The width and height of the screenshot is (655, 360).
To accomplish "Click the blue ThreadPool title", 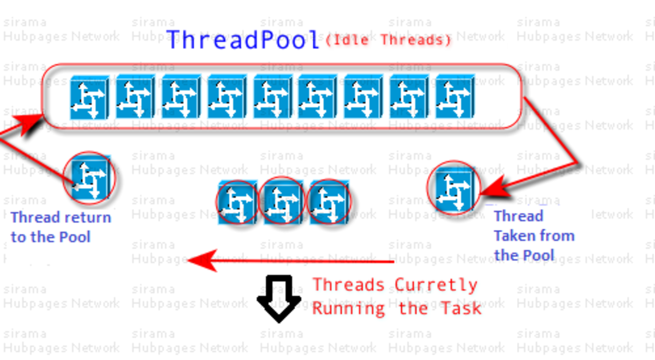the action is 243,39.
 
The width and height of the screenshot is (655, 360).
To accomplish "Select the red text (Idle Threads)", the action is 388,40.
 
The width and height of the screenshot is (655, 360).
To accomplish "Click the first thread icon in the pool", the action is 90,97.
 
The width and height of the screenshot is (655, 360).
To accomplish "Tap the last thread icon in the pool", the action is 455,97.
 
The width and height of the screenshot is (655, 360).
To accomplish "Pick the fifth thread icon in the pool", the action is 272,97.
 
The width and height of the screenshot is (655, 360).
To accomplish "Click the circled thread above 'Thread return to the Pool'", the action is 90,178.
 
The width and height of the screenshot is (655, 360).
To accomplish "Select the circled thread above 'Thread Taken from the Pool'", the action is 454,188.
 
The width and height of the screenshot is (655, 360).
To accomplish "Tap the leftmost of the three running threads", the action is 237,202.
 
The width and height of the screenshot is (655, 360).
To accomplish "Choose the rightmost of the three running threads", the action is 329,202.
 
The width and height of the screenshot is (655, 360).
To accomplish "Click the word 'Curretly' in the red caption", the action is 436,285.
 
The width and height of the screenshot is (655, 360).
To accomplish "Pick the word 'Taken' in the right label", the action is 515,236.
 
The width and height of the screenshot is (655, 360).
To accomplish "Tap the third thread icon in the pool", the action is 181,97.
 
